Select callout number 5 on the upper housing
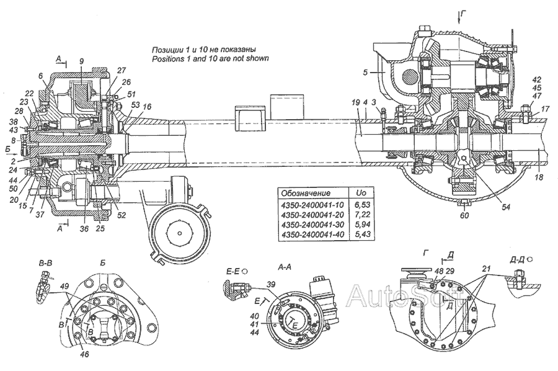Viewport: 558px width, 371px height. point(366,73)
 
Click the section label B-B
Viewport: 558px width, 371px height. point(45,264)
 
